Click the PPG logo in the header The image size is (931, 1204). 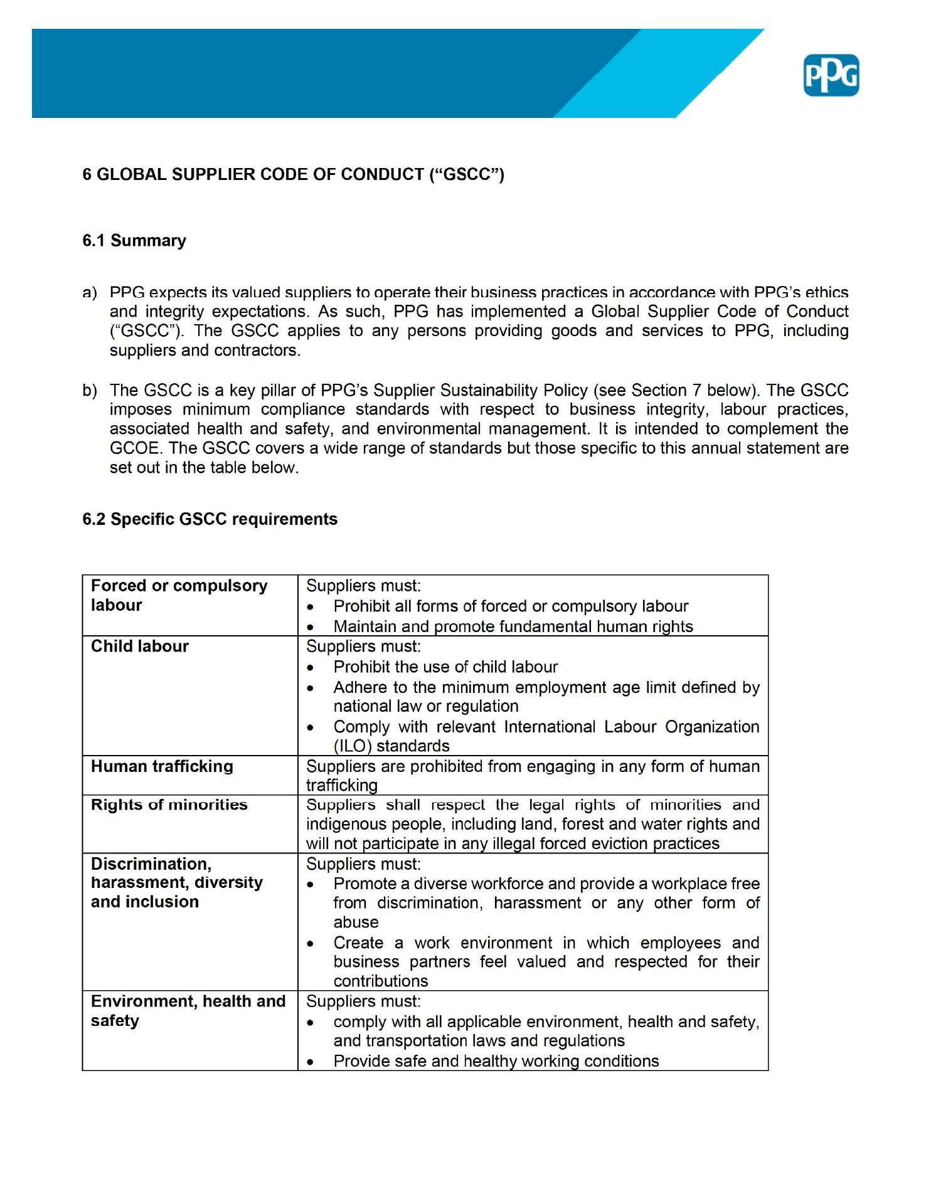(x=831, y=76)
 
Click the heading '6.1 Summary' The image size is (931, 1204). (x=134, y=241)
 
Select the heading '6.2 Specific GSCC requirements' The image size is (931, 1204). (x=210, y=519)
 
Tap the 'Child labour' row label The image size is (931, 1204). (x=140, y=647)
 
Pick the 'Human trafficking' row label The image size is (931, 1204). (x=162, y=766)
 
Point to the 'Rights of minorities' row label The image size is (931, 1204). (x=169, y=805)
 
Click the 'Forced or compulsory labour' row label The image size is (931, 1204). (x=179, y=595)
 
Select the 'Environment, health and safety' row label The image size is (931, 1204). (x=188, y=1011)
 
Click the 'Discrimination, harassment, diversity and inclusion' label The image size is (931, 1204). (x=176, y=882)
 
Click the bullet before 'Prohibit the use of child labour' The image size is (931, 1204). (x=311, y=668)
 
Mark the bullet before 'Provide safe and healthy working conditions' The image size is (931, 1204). (x=311, y=1062)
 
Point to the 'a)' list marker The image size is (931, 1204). (x=90, y=293)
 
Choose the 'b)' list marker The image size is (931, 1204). (x=90, y=391)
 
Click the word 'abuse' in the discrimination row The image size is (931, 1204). (x=356, y=922)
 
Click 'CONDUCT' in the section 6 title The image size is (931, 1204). (x=382, y=174)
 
